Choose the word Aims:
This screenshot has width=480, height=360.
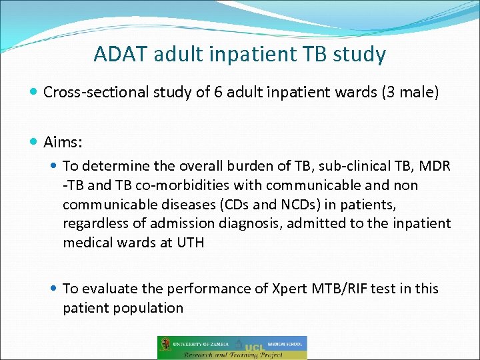pos(63,141)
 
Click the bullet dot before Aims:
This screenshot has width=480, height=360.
pos(34,142)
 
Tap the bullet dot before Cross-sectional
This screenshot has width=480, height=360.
pos(34,93)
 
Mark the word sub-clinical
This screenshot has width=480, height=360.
pos(319,165)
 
